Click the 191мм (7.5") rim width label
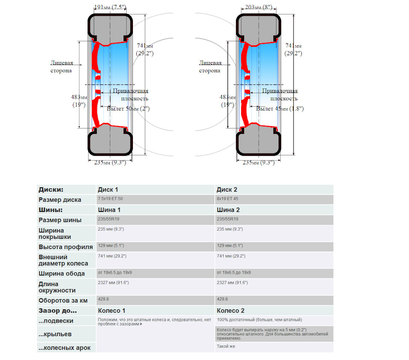click(x=109, y=7)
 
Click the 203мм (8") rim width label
click(x=259, y=7)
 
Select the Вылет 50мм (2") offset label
click(x=128, y=109)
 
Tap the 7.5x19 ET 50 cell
click(x=111, y=199)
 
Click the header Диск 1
click(x=108, y=189)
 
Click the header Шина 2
click(x=228, y=210)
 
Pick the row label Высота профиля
click(x=66, y=247)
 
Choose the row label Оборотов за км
click(x=63, y=300)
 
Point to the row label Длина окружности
click(x=57, y=287)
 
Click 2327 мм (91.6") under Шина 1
click(x=113, y=283)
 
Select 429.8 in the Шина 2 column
click(x=222, y=299)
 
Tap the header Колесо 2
click(x=230, y=311)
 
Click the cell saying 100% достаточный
click(x=259, y=320)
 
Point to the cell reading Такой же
click(x=226, y=346)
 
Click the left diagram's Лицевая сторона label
click(x=61, y=67)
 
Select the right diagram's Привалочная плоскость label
click(x=279, y=94)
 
